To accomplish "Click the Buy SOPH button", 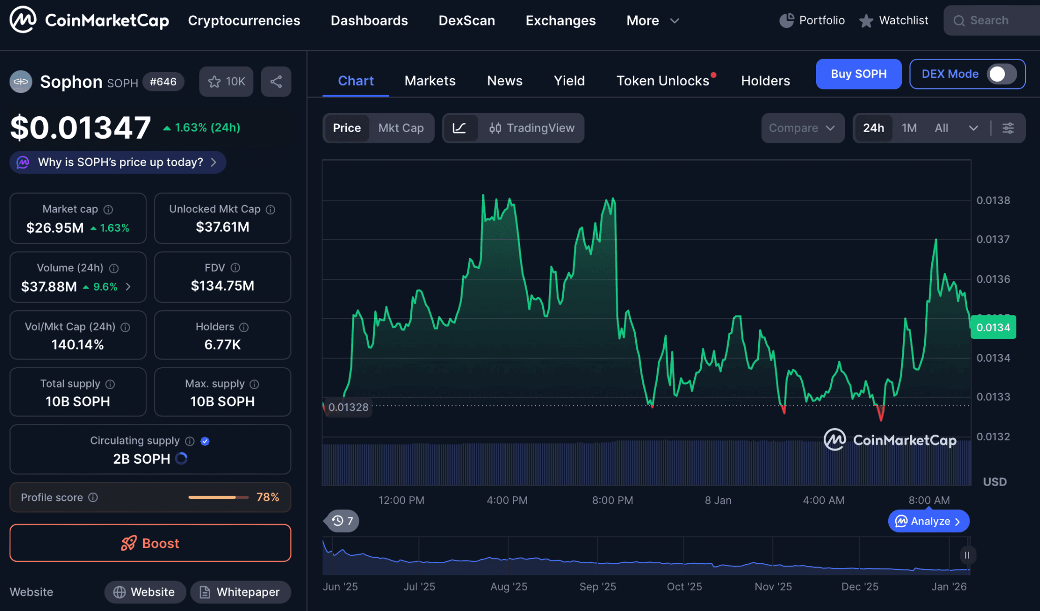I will click(x=858, y=74).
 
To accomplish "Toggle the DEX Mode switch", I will click(x=1000, y=74).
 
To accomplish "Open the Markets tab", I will click(x=430, y=81).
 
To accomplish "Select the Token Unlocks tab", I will click(x=663, y=81).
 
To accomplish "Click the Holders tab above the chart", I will click(x=765, y=81).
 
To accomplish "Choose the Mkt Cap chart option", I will click(x=401, y=128).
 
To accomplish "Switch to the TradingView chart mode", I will click(x=532, y=128).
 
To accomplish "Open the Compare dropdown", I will click(x=802, y=128).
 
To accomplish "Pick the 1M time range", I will click(x=909, y=128).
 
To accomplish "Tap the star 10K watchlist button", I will click(x=226, y=82).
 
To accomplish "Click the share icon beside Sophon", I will click(x=276, y=82).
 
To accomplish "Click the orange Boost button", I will click(x=150, y=543).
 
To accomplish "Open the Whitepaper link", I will click(x=240, y=592).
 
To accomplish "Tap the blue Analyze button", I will click(x=928, y=521).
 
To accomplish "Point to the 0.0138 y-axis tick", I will click(x=993, y=200).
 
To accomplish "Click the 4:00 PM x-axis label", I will click(x=507, y=500).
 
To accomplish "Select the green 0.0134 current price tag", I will click(x=993, y=328).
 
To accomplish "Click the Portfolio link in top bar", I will click(x=812, y=20).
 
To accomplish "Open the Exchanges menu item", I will click(x=560, y=20).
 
